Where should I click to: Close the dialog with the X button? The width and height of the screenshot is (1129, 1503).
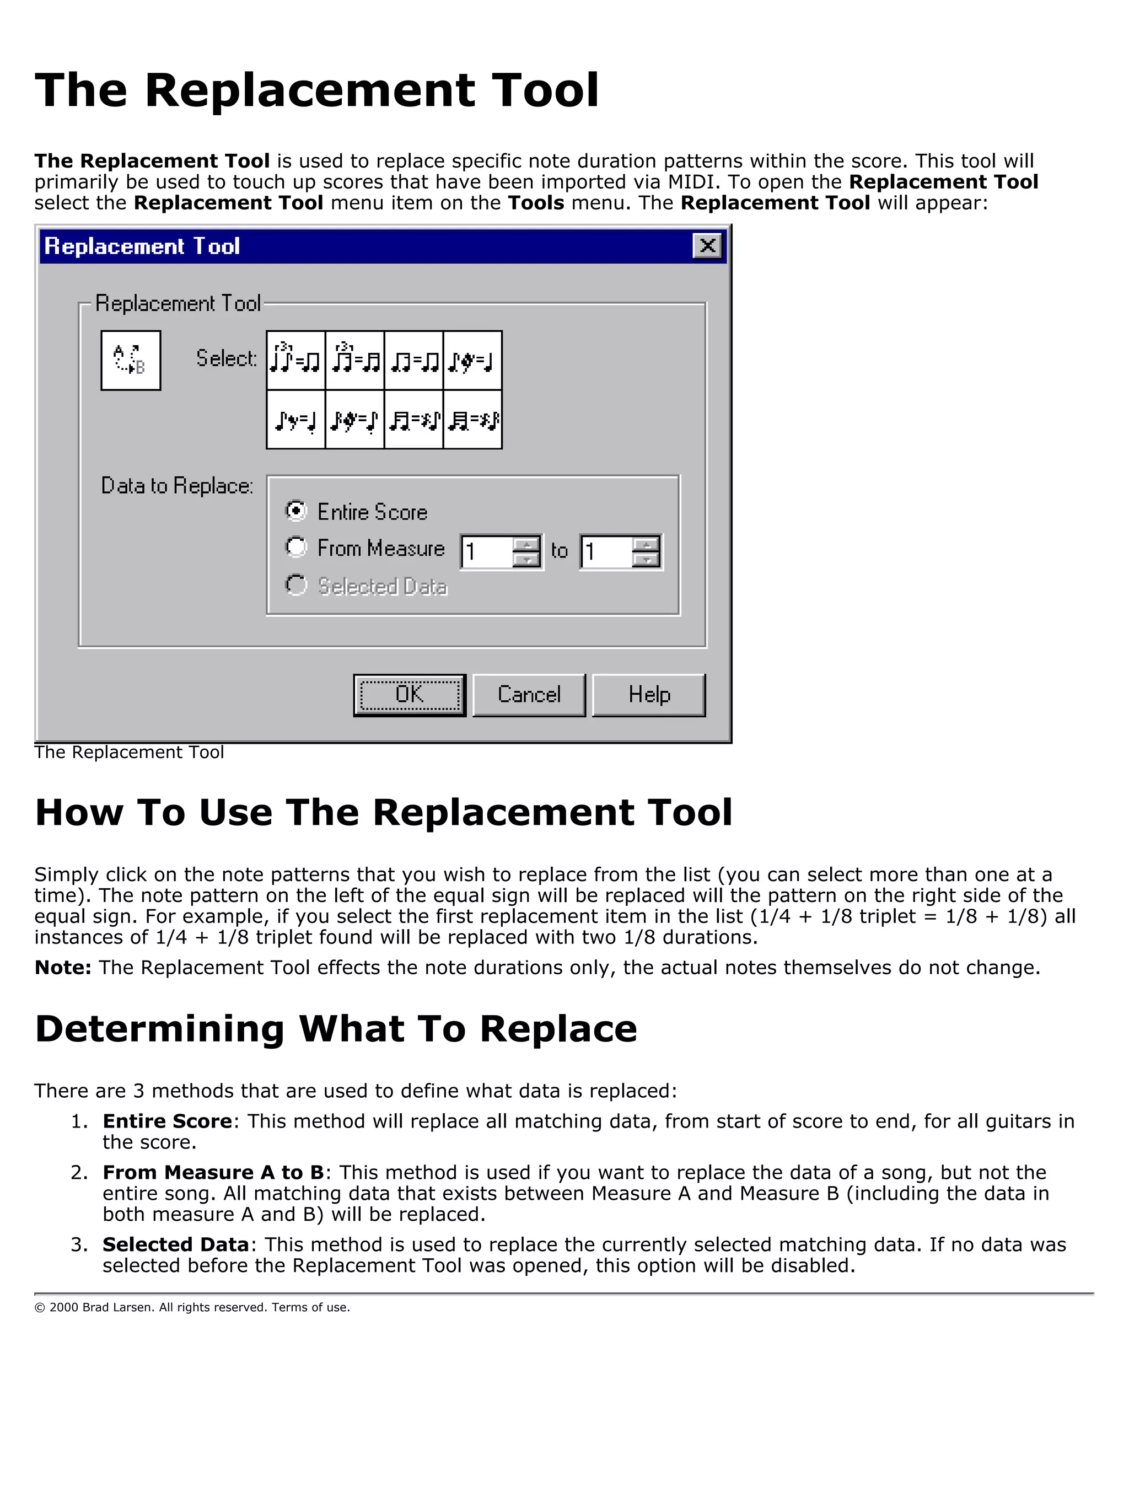click(x=707, y=246)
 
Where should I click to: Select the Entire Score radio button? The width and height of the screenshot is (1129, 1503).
click(x=295, y=511)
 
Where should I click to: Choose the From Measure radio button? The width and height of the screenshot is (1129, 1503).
click(x=295, y=547)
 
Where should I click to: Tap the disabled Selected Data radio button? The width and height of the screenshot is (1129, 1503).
click(x=295, y=585)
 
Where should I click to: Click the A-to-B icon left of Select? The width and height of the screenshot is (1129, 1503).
click(x=131, y=360)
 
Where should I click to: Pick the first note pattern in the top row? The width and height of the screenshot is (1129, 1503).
click(x=295, y=360)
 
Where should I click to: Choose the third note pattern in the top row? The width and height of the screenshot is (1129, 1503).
click(x=413, y=360)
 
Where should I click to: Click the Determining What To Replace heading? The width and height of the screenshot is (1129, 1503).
click(x=336, y=1029)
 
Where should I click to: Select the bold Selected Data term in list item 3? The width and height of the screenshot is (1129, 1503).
click(x=175, y=1245)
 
